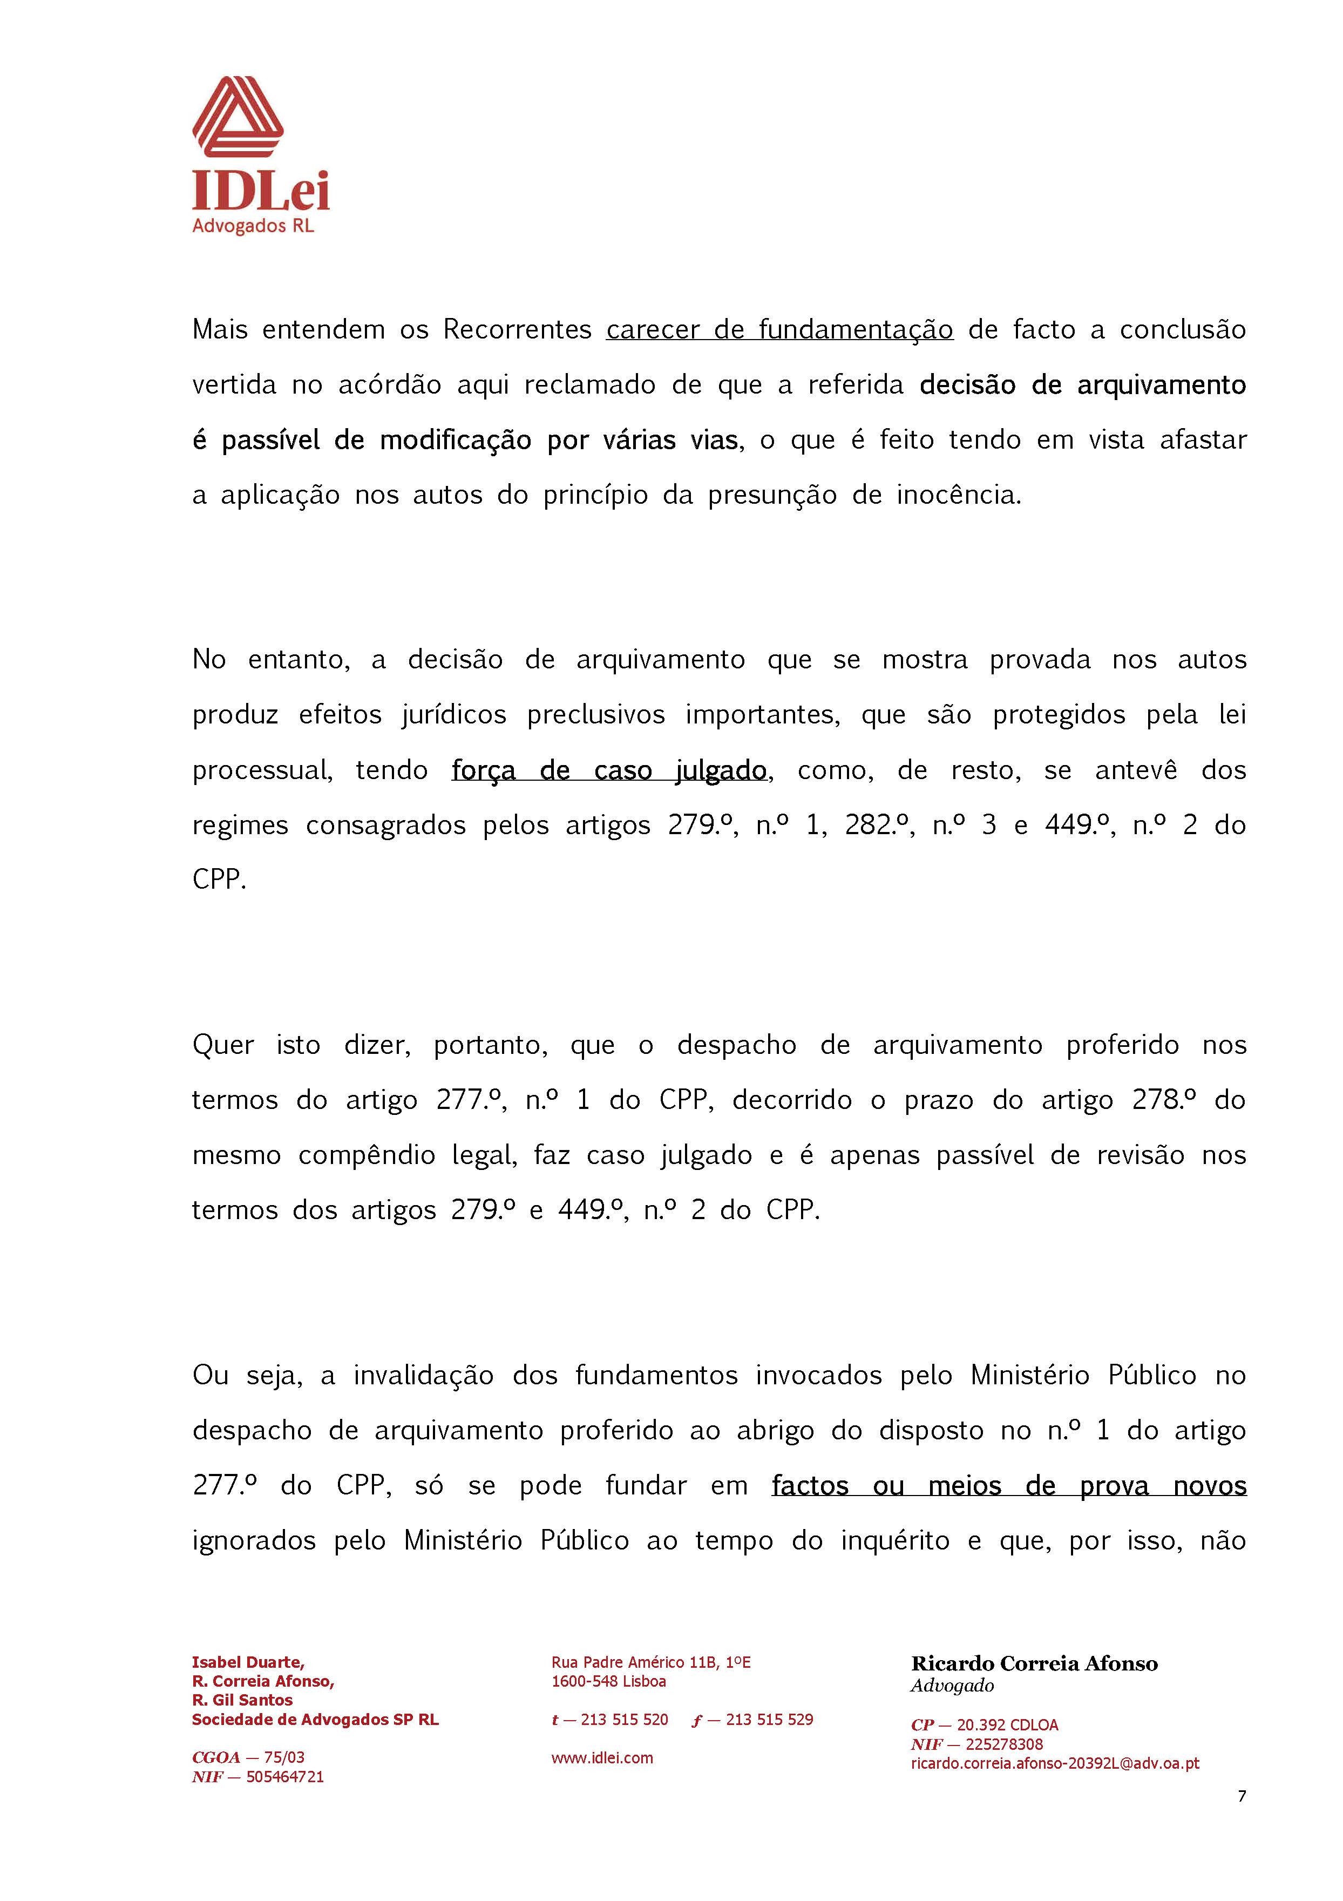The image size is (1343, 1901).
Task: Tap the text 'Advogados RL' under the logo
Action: tap(253, 226)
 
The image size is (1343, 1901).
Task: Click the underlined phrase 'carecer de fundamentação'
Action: tap(779, 329)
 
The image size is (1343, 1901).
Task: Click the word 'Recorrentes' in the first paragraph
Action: tap(517, 329)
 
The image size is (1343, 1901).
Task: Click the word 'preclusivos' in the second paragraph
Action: tap(595, 714)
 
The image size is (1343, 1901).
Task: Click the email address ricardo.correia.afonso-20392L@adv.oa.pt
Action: tap(1055, 1763)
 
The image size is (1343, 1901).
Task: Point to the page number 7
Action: tap(1241, 1796)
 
